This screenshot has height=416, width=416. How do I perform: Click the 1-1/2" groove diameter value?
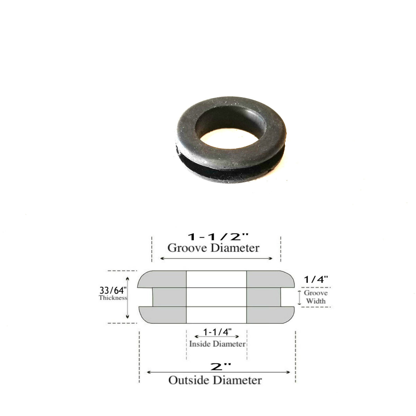(x=213, y=237)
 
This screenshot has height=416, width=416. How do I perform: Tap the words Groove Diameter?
(x=213, y=248)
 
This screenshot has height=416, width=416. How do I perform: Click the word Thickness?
(x=113, y=298)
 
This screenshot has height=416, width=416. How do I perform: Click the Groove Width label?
(x=315, y=297)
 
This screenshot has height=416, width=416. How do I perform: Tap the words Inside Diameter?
(x=217, y=344)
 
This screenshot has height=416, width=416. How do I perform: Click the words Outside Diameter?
(x=215, y=380)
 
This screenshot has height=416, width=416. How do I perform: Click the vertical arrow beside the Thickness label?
(x=128, y=297)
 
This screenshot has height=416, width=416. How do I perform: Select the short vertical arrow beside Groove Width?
(x=299, y=297)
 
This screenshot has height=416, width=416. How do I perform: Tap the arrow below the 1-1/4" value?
(x=217, y=337)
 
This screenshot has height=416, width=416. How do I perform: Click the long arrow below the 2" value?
(x=219, y=372)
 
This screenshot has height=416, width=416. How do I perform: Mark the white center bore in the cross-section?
(x=217, y=297)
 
